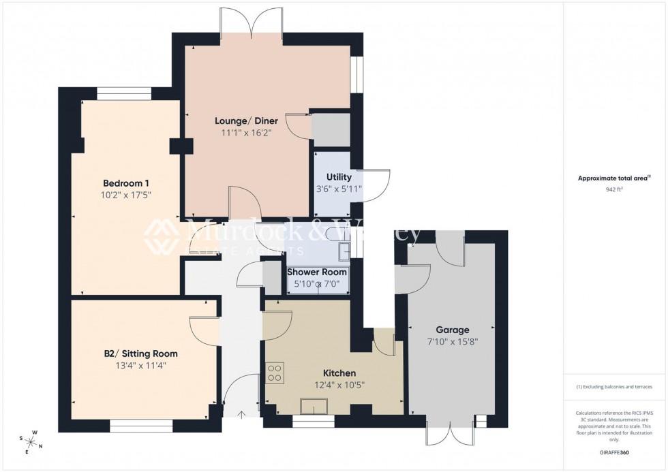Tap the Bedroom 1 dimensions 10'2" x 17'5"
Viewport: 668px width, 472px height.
127,195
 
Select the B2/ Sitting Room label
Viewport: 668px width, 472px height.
140,353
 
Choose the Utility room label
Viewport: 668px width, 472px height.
339,176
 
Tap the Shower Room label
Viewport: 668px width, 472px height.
316,272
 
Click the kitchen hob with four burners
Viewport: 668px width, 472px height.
275,373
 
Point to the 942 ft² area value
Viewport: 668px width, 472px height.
615,190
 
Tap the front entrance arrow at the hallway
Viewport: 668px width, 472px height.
241,413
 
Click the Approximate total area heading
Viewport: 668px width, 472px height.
614,178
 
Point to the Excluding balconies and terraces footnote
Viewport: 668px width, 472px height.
614,387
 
